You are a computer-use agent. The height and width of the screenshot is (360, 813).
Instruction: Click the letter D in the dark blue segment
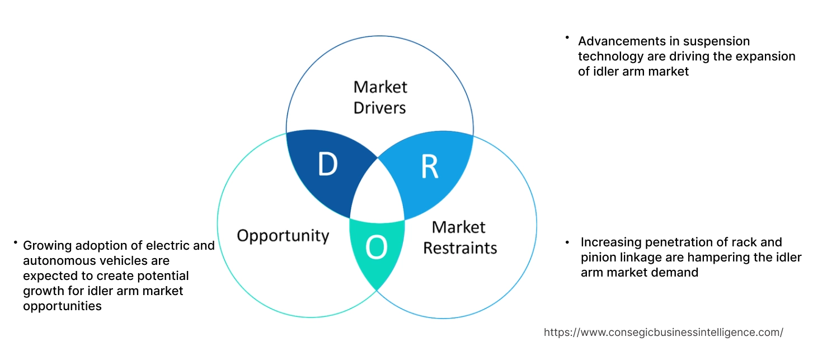click(327, 163)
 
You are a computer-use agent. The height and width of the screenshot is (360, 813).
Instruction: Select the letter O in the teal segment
click(376, 248)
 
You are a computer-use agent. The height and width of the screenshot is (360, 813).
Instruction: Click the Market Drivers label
click(380, 97)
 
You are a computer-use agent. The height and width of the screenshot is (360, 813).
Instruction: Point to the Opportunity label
click(283, 235)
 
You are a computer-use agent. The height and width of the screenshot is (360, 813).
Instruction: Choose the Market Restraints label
click(459, 237)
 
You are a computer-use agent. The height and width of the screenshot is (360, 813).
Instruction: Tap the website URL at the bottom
click(663, 332)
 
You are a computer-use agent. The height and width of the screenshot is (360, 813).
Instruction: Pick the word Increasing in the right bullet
click(611, 242)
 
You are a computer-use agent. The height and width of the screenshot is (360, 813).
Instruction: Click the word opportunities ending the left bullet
click(62, 306)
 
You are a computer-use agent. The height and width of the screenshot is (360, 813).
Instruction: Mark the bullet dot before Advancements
click(567, 38)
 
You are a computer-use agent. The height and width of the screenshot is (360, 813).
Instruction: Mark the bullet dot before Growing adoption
click(16, 242)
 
